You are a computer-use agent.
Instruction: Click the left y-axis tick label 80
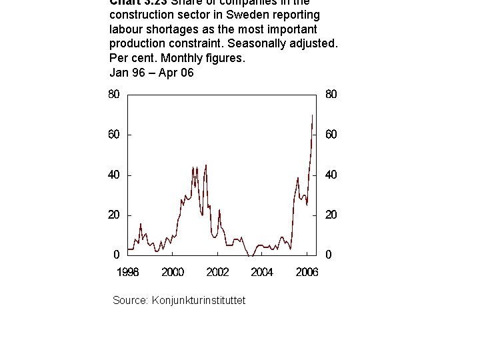114,94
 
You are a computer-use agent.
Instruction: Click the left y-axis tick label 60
114,134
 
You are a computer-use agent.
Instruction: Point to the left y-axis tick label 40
114,175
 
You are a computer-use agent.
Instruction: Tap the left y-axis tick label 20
114,215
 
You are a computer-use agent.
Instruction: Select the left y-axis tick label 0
117,255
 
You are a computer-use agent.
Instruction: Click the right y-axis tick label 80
331,94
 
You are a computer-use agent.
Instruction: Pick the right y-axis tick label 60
331,134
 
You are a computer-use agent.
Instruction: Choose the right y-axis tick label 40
331,175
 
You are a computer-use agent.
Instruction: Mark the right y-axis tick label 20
331,215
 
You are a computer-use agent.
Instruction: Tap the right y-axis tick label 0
328,255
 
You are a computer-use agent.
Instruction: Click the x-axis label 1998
128,272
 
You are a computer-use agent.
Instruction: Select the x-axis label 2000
173,272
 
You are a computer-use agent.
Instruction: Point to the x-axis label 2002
217,272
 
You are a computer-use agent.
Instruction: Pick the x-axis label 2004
262,272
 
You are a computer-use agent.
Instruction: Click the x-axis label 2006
307,272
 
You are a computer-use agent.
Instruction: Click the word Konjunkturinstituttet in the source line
199,301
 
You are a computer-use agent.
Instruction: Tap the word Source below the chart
129,301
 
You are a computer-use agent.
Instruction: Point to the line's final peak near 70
313,115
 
